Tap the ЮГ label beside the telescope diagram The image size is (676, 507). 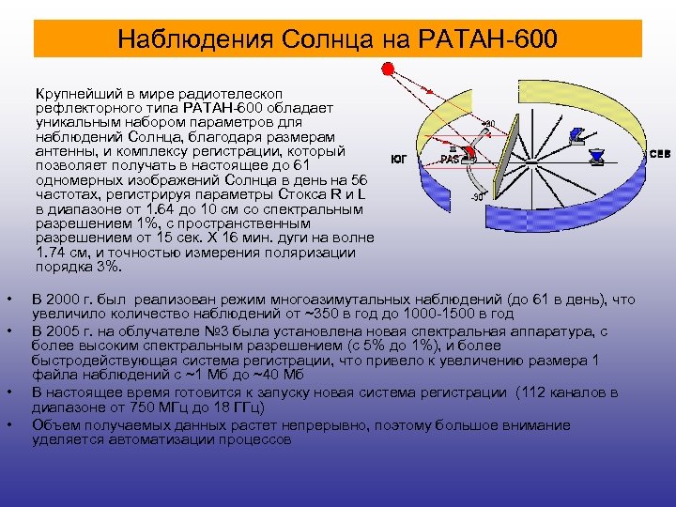point(398,159)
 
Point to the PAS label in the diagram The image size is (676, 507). point(452,159)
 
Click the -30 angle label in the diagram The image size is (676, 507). point(476,197)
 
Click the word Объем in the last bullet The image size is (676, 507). point(55,423)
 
